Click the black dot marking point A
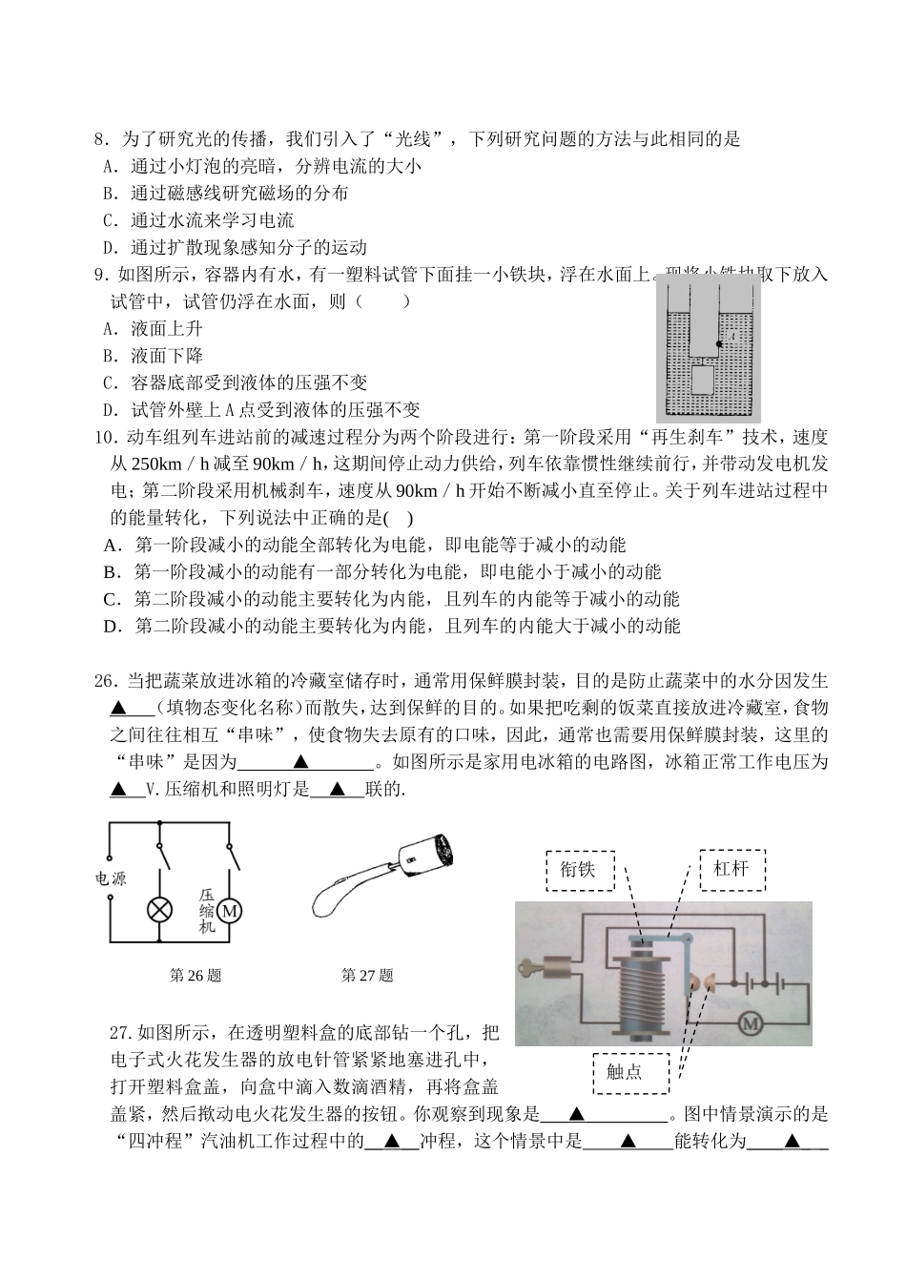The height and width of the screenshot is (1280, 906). (718, 343)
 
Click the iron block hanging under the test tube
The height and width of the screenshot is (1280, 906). (702, 382)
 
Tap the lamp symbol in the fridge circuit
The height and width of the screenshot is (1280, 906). (158, 910)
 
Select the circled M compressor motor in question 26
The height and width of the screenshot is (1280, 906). (230, 911)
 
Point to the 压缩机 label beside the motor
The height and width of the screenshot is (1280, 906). (207, 911)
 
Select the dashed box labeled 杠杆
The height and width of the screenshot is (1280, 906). (731, 869)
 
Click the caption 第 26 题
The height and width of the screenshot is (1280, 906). (195, 975)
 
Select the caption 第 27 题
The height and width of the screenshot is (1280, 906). (367, 975)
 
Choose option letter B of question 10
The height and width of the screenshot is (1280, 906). (111, 572)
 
